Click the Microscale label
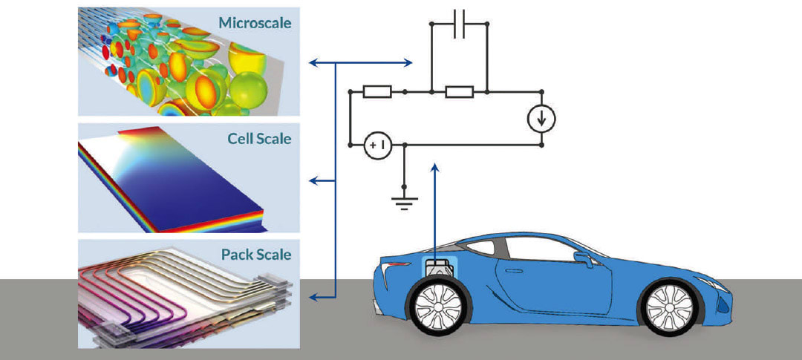(255, 23)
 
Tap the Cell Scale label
(261, 139)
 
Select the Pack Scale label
(256, 255)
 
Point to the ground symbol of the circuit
(405, 201)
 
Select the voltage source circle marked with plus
(376, 146)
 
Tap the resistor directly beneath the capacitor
(459, 92)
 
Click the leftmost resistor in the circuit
(377, 92)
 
